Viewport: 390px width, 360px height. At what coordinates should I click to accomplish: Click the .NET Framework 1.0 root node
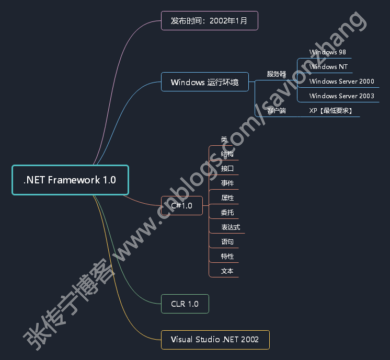[70, 180]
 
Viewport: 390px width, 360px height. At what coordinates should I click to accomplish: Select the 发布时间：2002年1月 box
[209, 21]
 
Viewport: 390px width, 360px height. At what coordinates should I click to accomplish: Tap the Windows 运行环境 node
[205, 82]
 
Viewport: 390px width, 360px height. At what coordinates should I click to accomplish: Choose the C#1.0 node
[181, 206]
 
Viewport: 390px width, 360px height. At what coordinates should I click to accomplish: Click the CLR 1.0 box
[185, 304]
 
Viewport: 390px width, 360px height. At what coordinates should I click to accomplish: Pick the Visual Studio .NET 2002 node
[215, 340]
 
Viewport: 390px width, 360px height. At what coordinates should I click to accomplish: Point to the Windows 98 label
[328, 52]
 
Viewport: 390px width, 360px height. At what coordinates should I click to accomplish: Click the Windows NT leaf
[328, 67]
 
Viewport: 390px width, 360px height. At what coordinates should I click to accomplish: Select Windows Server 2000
[341, 82]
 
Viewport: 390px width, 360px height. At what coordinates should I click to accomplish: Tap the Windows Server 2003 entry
[341, 96]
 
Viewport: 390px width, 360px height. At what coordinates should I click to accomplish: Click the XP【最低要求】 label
[330, 111]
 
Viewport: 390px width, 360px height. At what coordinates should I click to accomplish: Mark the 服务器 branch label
[277, 74]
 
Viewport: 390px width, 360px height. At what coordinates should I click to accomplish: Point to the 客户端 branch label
[277, 111]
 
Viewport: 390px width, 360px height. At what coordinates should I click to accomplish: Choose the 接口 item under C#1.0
[227, 169]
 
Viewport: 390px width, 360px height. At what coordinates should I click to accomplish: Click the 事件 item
[227, 183]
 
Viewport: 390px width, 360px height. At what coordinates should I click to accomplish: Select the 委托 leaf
[227, 213]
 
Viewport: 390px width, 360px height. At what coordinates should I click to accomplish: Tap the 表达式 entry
[231, 227]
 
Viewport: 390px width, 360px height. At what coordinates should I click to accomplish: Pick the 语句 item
[227, 242]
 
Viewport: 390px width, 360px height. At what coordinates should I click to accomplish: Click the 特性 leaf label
[227, 257]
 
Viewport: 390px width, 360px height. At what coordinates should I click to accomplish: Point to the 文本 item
[227, 271]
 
